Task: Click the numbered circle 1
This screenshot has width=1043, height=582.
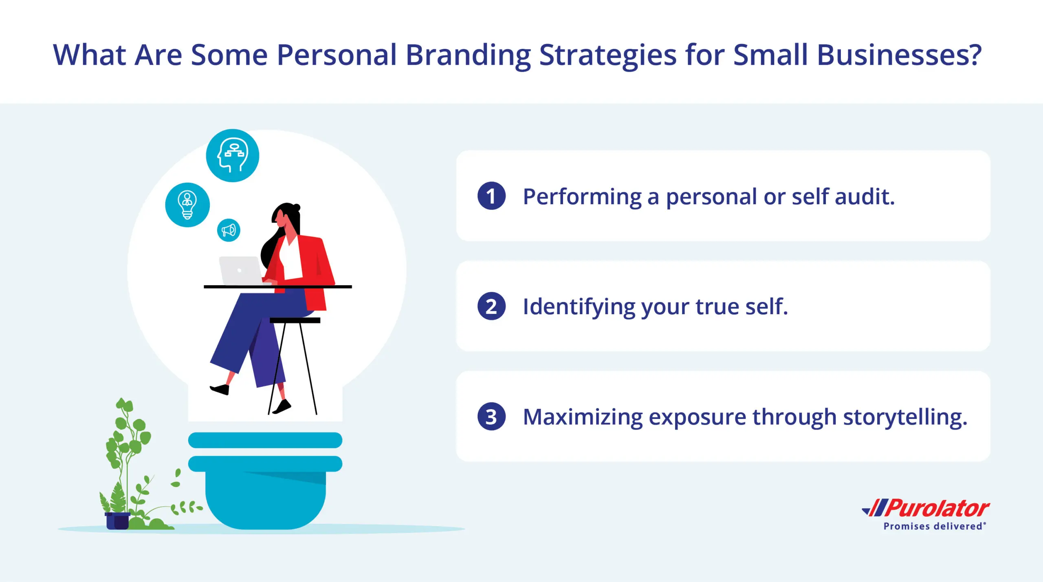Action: click(x=491, y=196)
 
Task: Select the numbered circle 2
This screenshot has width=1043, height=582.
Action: click(x=491, y=306)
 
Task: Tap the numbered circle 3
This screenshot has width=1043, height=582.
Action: click(x=491, y=417)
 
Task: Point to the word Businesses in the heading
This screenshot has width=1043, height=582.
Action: click(x=899, y=55)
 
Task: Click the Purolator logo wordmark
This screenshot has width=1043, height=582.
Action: click(x=926, y=508)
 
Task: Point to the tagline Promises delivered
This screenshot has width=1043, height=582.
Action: click(x=935, y=526)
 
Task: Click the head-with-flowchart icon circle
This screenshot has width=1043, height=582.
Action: click(x=232, y=156)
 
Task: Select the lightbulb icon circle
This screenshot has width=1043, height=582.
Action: click(x=187, y=205)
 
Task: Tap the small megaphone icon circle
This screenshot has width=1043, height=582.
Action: click(x=229, y=230)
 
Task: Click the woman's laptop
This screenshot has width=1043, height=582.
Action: click(x=241, y=271)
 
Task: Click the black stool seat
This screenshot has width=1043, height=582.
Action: click(x=295, y=320)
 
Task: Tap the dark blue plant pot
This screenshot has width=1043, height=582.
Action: click(x=117, y=521)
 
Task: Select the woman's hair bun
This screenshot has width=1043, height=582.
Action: click(x=296, y=207)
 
